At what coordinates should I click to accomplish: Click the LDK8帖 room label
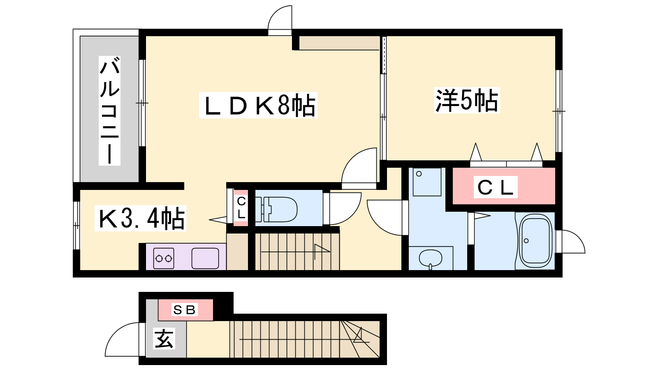(x=258, y=105)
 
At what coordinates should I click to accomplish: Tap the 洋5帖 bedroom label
(x=467, y=100)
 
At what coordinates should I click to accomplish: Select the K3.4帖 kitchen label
(x=140, y=218)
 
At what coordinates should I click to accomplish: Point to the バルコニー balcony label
(x=109, y=111)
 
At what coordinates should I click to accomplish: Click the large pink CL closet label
(x=496, y=187)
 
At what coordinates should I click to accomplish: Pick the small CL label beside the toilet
(x=241, y=208)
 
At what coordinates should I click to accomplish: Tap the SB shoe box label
(x=185, y=310)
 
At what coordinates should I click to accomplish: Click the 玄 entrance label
(x=164, y=339)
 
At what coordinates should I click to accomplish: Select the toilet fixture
(x=276, y=209)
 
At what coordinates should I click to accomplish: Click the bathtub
(x=535, y=240)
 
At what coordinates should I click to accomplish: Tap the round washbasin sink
(x=430, y=259)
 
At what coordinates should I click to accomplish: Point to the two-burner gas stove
(x=164, y=259)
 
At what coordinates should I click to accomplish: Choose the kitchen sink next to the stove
(x=205, y=259)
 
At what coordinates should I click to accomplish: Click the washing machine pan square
(x=427, y=182)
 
